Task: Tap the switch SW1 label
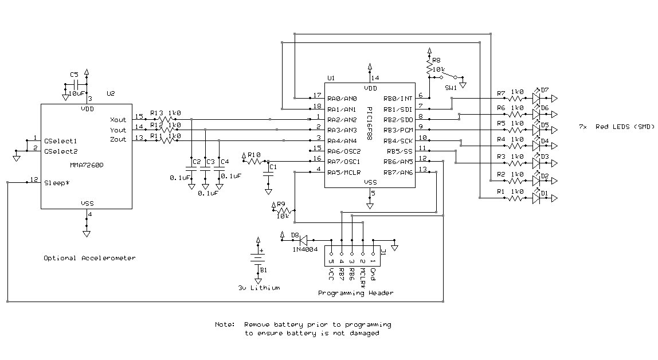[451, 88]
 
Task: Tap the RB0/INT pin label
[399, 98]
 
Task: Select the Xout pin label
[117, 120]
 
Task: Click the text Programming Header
[355, 293]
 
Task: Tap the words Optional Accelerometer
[90, 258]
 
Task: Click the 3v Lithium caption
[258, 288]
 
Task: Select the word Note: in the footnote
[225, 324]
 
